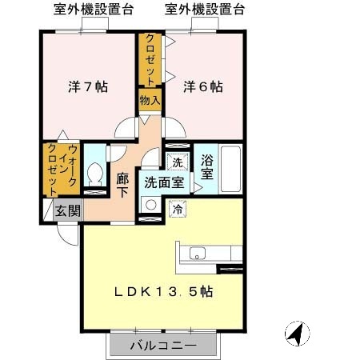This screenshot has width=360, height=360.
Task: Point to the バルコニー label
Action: pos(163,346)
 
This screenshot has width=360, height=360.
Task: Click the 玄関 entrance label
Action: pos(67,211)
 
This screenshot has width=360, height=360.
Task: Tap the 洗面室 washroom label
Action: pos(164,182)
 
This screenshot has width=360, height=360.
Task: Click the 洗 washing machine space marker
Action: pos(178,161)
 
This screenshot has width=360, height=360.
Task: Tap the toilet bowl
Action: pos(95,173)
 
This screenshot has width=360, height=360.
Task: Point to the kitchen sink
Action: pos(198,256)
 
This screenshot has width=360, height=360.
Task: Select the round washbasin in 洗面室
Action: pos(150,204)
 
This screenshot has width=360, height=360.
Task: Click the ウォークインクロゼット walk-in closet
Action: pos(61,169)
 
